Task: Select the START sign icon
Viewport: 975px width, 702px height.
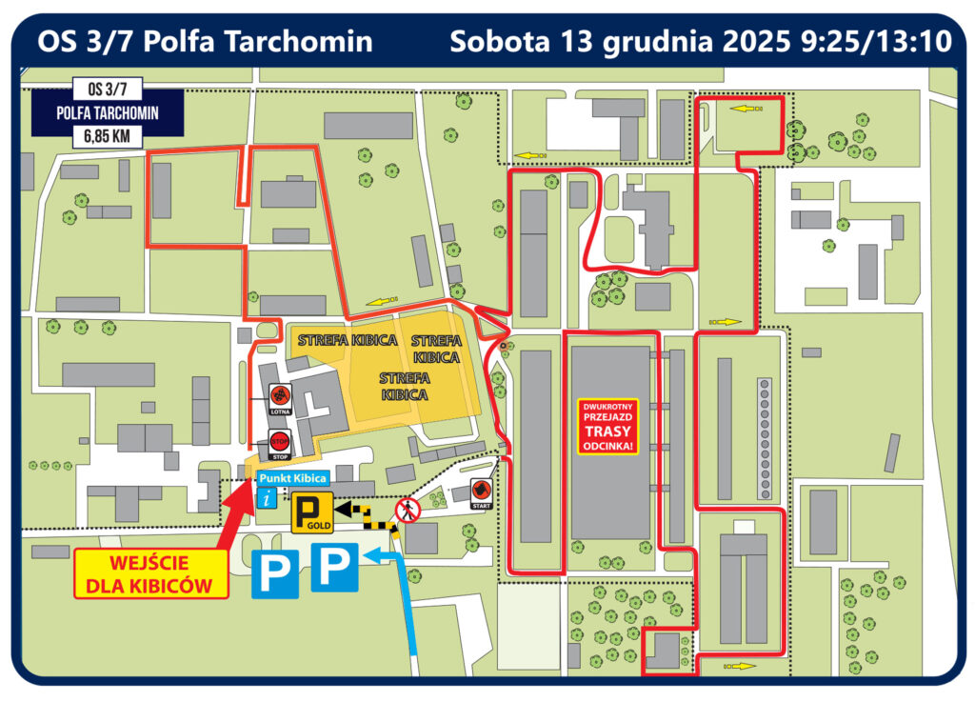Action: (x=481, y=492)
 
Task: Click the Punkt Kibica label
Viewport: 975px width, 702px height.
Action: (x=292, y=478)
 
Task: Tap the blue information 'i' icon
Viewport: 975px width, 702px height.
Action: (x=269, y=496)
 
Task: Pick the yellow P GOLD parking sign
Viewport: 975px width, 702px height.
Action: (x=310, y=514)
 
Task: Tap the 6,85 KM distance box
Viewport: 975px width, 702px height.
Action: (x=107, y=137)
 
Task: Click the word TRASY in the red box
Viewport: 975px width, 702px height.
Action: (x=607, y=430)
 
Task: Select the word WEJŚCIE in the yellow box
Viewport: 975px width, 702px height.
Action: (x=152, y=563)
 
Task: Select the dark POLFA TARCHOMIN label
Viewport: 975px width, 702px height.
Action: (x=107, y=113)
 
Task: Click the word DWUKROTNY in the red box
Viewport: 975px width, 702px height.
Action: (x=607, y=406)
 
